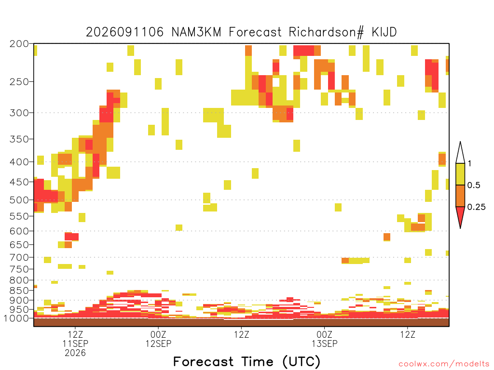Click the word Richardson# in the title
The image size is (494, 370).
pyautogui.click(x=326, y=32)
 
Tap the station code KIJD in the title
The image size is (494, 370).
pyautogui.click(x=384, y=32)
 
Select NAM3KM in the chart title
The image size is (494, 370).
pyautogui.click(x=196, y=32)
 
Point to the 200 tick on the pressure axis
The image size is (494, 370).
pyautogui.click(x=19, y=44)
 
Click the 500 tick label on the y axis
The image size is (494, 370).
pyautogui.click(x=19, y=200)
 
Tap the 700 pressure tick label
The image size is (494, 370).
pyautogui.click(x=19, y=257)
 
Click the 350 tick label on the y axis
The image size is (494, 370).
pyautogui.click(x=19, y=139)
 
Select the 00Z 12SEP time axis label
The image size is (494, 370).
pyautogui.click(x=158, y=339)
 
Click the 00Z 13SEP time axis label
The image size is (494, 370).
pyautogui.click(x=325, y=339)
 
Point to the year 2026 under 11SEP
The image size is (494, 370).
pyautogui.click(x=75, y=353)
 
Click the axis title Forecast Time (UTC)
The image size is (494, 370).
pyautogui.click(x=247, y=362)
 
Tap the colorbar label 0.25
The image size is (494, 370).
pyautogui.click(x=476, y=207)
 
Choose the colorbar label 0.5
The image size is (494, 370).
pyautogui.click(x=474, y=185)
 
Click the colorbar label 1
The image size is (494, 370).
pyautogui.click(x=469, y=164)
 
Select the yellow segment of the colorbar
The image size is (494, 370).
pyautogui.click(x=460, y=174)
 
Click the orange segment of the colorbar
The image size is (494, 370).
pyautogui.click(x=460, y=196)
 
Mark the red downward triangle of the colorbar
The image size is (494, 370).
pyautogui.click(x=460, y=215)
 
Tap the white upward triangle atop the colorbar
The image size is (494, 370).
pyautogui.click(x=460, y=154)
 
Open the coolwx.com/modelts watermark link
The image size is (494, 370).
pyautogui.click(x=444, y=364)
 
